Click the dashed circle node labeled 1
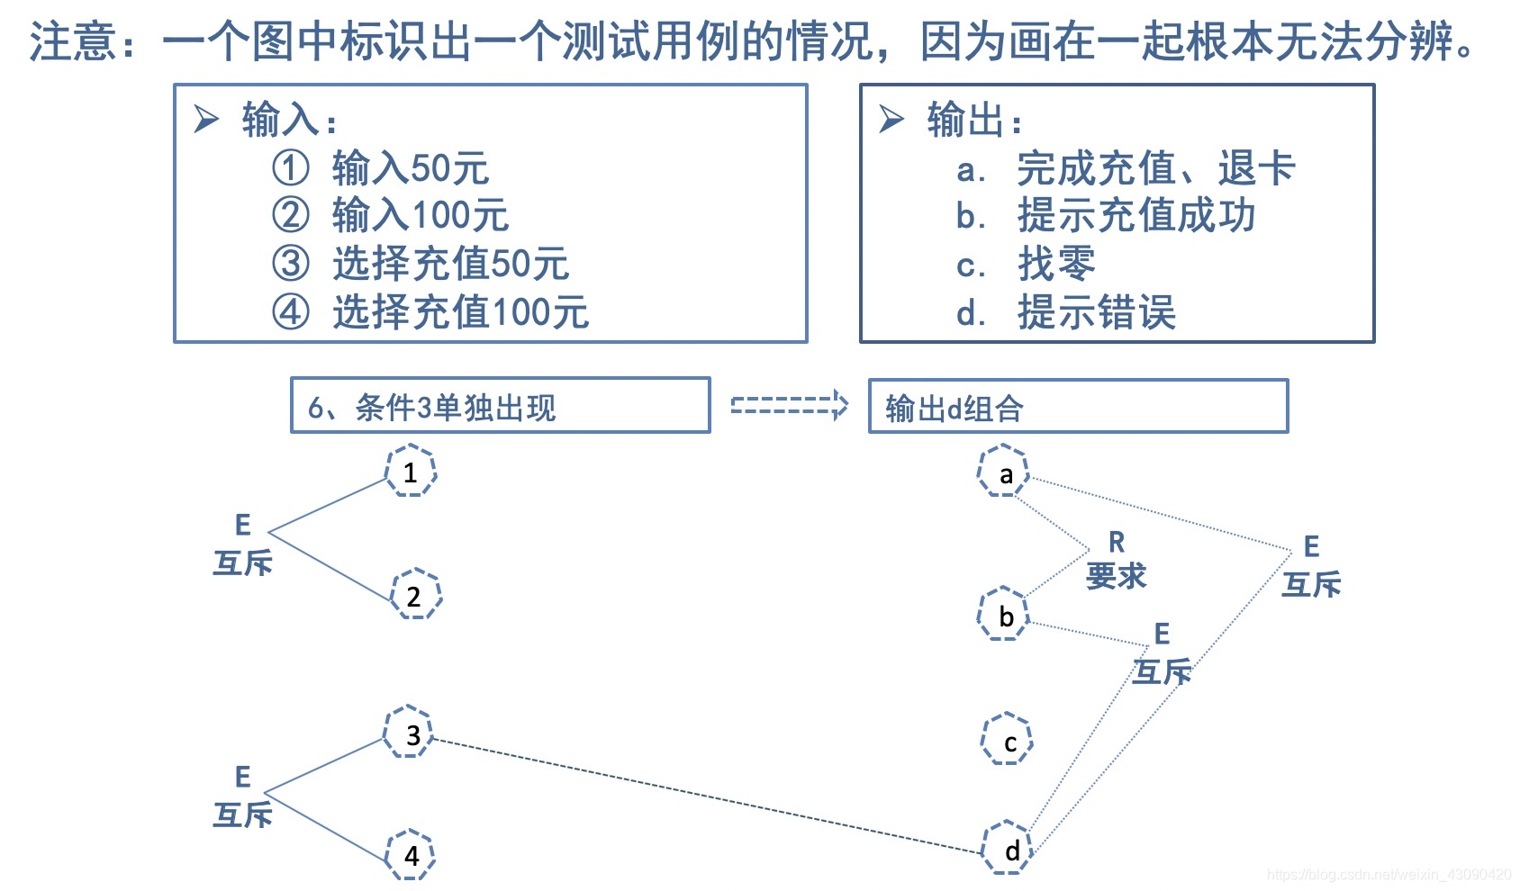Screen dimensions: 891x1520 [411, 472]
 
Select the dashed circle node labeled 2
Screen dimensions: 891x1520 [415, 595]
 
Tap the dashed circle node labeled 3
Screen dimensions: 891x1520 [410, 733]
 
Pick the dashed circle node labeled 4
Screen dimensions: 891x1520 [411, 854]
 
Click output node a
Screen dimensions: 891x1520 [1004, 472]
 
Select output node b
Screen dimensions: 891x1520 [1004, 615]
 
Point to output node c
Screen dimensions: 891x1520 [1007, 740]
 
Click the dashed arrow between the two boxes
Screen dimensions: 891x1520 [789, 405]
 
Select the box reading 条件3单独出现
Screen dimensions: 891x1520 [500, 406]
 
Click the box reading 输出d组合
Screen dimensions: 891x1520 [1077, 407]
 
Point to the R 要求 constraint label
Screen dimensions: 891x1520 [1116, 560]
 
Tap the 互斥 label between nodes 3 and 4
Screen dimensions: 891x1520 [242, 797]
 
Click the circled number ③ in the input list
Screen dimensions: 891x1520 [291, 263]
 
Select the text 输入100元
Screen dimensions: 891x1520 [420, 216]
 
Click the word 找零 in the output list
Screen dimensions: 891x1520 [1056, 264]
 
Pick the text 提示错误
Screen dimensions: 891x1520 [1096, 312]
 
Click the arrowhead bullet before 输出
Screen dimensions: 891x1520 [891, 119]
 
